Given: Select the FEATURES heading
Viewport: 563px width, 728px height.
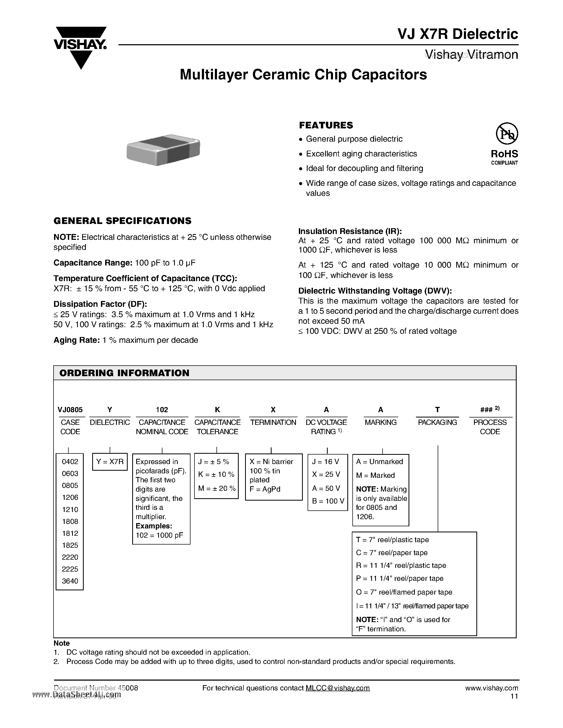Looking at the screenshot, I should coord(326,125).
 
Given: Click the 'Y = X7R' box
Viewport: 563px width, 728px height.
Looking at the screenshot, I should coord(110,462).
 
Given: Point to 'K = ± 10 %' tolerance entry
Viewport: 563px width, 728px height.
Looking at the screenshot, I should coord(216,474).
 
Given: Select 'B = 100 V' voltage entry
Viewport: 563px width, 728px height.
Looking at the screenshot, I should coord(328,501).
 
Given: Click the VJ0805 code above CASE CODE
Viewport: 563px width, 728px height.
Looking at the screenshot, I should coord(70,410).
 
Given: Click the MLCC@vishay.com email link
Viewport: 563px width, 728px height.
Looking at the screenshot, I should coord(338,688).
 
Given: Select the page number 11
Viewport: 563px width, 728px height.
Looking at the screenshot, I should coord(514,696).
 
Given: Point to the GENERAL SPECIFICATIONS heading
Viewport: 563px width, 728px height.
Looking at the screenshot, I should coord(122,221).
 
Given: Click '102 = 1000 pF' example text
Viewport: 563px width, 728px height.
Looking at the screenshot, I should coord(159,535).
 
